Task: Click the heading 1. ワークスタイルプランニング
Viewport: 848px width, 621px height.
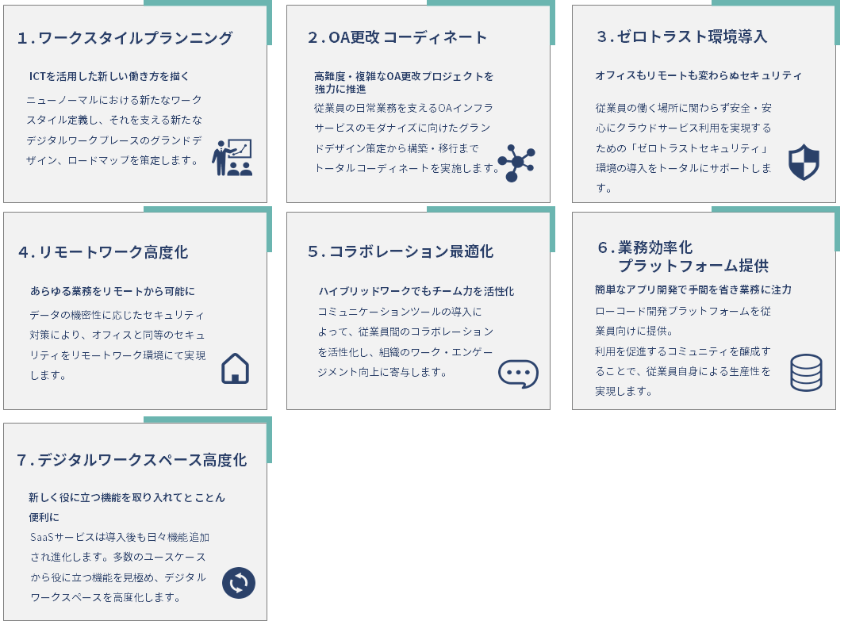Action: (125, 38)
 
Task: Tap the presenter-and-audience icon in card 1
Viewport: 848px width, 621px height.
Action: (232, 158)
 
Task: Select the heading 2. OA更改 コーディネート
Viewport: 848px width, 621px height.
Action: (397, 37)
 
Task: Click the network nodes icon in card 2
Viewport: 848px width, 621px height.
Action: (516, 163)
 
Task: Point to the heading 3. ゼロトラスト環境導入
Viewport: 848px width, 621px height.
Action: (681, 36)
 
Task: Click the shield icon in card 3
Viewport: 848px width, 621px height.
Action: (804, 163)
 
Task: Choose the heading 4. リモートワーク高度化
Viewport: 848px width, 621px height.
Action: (103, 252)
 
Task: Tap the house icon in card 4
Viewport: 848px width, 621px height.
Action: (235, 369)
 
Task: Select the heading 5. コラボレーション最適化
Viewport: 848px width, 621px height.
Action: (401, 251)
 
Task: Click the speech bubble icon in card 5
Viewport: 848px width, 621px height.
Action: (518, 374)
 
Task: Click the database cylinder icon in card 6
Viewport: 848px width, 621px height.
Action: (806, 373)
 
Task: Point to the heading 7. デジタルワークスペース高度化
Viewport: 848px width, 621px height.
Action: (132, 460)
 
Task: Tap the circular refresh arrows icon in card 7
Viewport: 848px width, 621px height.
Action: (239, 583)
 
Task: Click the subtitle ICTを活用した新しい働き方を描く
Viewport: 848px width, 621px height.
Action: (109, 76)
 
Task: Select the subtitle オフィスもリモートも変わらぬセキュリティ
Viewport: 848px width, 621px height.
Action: (698, 75)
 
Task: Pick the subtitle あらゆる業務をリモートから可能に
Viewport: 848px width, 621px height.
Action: (113, 291)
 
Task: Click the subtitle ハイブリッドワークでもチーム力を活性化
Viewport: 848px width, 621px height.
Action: (416, 291)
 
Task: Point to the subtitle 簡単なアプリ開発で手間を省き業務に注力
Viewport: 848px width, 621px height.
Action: (693, 289)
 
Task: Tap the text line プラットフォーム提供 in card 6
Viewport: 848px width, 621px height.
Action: (693, 266)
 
